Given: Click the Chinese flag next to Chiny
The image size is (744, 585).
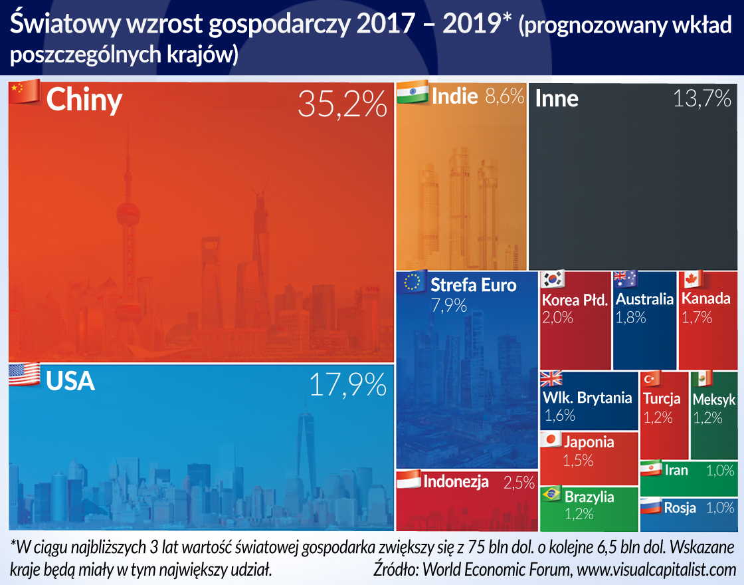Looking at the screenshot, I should coord(25,92).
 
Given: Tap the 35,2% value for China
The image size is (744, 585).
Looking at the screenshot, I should coord(342,104).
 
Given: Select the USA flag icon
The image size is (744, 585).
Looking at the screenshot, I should coord(25,374).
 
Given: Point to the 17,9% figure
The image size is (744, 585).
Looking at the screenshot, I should coord(348,384).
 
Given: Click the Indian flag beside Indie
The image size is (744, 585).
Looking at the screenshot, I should coord(412,94).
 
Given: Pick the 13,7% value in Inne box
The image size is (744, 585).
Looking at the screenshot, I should coord(702,99).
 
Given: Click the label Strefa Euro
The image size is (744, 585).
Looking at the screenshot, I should coord(473,286).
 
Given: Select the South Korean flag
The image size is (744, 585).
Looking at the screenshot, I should coord(553,279).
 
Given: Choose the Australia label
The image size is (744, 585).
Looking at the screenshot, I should coord(644,299).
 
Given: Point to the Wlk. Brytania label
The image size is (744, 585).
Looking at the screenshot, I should coord(588,398).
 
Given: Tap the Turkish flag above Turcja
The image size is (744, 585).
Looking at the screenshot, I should coord(652,379).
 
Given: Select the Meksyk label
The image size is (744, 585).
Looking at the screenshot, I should coord(714,400).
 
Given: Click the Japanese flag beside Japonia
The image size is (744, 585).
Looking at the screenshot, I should coord(551,439).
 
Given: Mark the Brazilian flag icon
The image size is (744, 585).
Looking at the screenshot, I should coord(551,495).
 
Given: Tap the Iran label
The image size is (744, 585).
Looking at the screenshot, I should coord(676,470).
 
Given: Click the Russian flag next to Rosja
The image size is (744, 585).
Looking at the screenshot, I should coord(650,507).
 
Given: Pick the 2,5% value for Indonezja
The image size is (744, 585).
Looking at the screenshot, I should coord(519,483).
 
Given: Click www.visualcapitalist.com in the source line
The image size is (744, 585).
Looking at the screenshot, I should coord(656,569).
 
